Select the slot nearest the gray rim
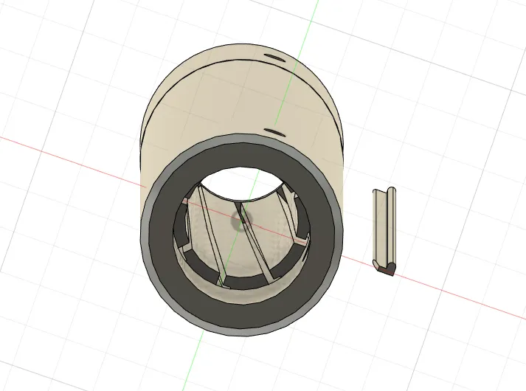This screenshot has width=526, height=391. click(x=274, y=132)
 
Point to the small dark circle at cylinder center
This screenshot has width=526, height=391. click(x=241, y=218)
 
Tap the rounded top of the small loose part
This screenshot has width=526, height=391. click(x=391, y=193)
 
